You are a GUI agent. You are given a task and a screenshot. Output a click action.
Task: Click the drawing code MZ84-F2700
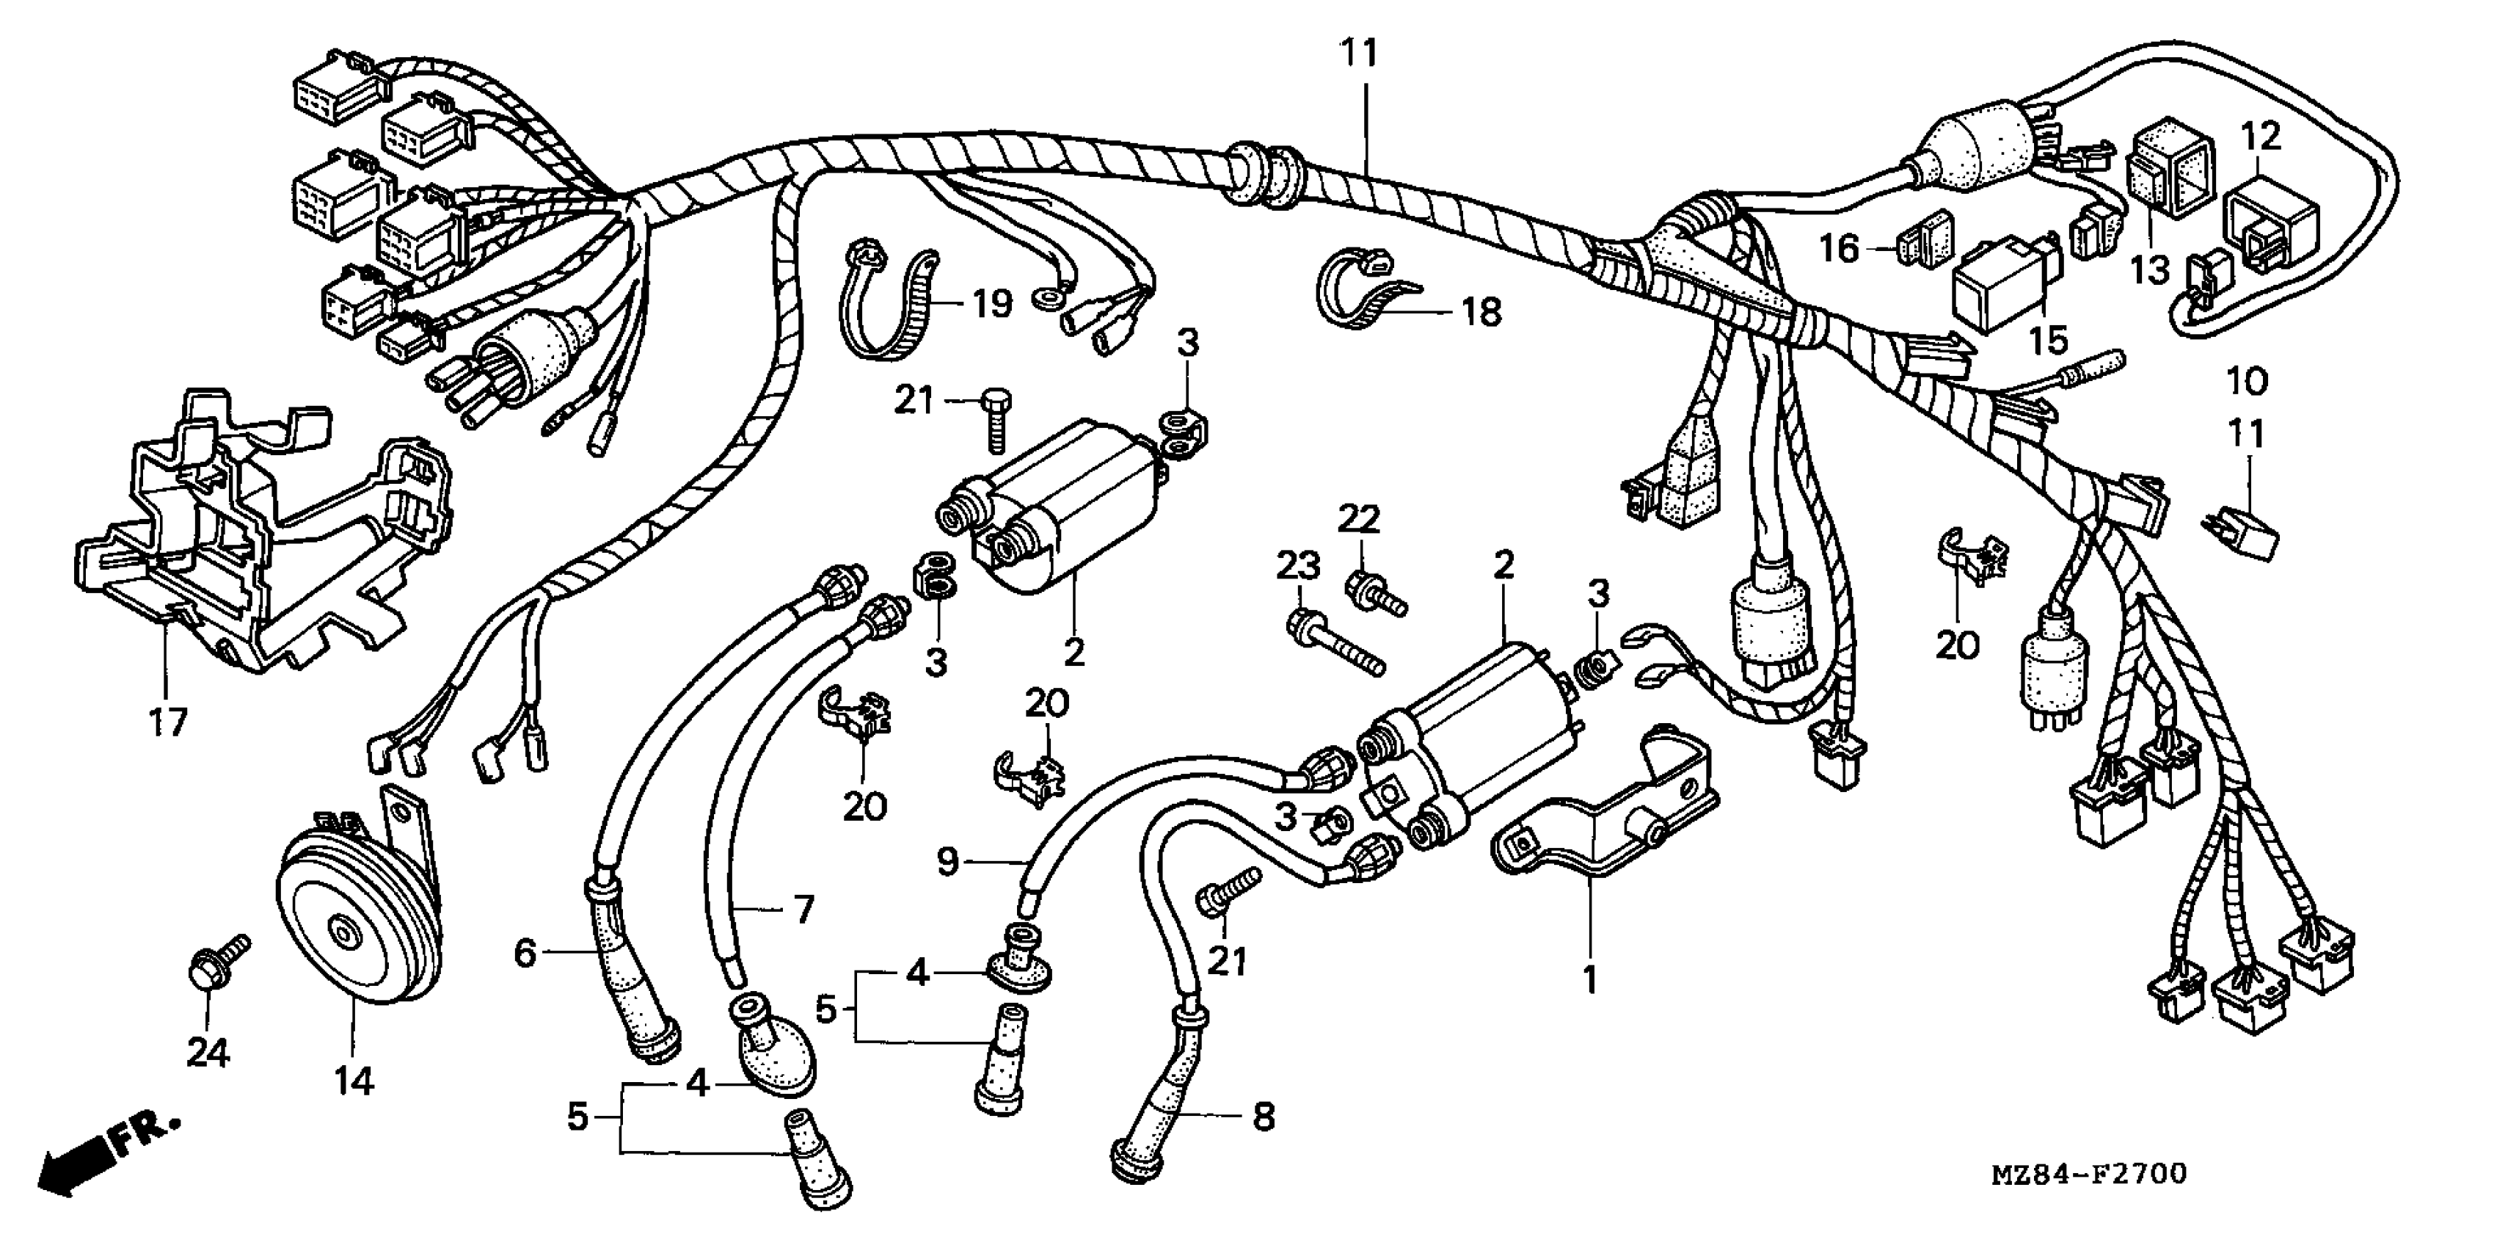click(x=2089, y=1175)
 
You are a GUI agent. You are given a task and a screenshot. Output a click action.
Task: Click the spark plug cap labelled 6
click(x=630, y=970)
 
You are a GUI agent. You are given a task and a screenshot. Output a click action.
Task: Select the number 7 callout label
click(x=803, y=910)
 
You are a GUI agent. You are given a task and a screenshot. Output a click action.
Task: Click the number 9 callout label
click(x=948, y=861)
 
